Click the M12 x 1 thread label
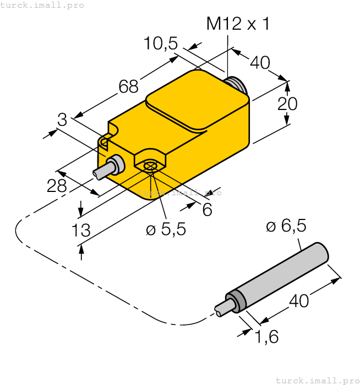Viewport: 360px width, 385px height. pos(237,24)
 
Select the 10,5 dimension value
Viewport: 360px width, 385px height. pos(161,43)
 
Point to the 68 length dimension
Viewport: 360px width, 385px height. pos(129,86)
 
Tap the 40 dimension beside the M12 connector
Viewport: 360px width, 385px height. pos(260,62)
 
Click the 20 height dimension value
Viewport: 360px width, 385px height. pos(287,103)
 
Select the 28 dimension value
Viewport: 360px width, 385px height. pos(57,186)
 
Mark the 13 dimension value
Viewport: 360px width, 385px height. pos(81,230)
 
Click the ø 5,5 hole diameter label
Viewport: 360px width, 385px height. pos(166,229)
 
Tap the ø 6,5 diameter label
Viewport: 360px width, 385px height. pos(286,226)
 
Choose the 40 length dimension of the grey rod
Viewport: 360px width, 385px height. pos(299,300)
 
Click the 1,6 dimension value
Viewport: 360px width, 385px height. pos(267,337)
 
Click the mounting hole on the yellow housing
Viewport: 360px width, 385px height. pos(150,166)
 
